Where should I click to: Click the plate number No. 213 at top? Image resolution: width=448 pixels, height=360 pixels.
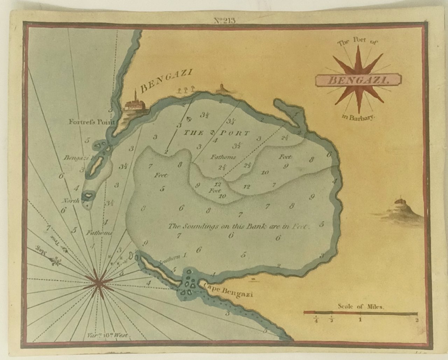pyautogui.click(x=224, y=20)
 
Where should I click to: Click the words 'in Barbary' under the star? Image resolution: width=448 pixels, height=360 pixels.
pyautogui.click(x=357, y=117)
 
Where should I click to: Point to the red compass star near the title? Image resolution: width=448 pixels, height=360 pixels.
pyautogui.click(x=358, y=79)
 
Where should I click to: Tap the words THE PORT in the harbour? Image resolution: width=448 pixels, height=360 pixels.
pyautogui.click(x=217, y=133)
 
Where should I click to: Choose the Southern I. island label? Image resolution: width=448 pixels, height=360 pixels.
pyautogui.click(x=171, y=258)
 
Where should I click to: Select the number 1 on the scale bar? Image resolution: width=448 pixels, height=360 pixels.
pyautogui.click(x=360, y=320)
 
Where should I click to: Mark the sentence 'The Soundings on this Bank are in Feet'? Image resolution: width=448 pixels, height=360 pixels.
pyautogui.click(x=238, y=226)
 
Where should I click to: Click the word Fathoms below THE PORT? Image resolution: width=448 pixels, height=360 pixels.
pyautogui.click(x=223, y=157)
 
